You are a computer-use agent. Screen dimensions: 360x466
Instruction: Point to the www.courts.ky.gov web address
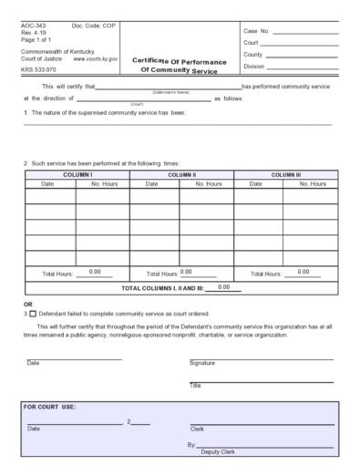tap(95, 58)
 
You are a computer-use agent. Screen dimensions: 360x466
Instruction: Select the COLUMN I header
tap(77, 173)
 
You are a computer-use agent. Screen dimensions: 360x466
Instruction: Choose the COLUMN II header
tap(181, 173)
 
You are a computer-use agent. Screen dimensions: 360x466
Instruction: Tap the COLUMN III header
tap(285, 173)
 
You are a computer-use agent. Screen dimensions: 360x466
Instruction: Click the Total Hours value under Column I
tap(94, 272)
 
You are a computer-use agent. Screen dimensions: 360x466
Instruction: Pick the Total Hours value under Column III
tap(303, 272)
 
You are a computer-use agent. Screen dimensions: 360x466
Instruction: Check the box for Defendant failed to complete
tap(34, 313)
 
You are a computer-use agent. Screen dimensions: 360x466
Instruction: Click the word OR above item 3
tap(28, 304)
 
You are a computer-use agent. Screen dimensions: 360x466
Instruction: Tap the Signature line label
tap(202, 362)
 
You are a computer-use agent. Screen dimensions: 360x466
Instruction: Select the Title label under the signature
tap(195, 385)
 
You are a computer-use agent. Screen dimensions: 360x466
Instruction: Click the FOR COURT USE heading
tap(50, 407)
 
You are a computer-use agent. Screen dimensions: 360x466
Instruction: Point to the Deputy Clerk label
tap(218, 451)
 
